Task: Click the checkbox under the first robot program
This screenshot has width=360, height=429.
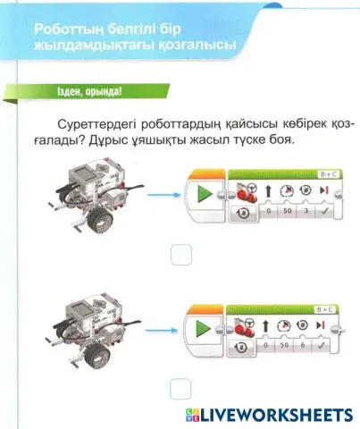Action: click(x=180, y=255)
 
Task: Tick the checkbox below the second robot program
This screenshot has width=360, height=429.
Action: click(x=180, y=390)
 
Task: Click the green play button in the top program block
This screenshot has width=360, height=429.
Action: click(x=205, y=197)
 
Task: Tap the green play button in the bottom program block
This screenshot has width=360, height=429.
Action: click(x=205, y=332)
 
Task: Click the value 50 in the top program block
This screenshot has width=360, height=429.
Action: click(x=287, y=213)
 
